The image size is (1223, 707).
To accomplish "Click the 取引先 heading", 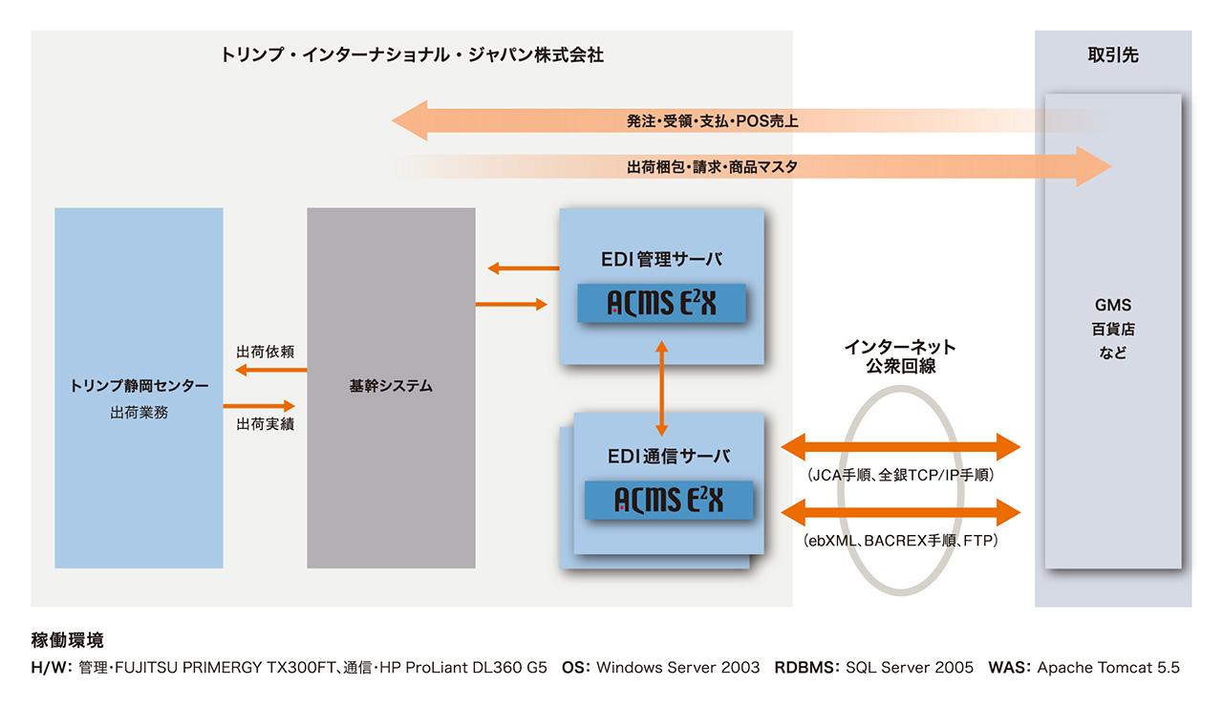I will click(x=1113, y=55).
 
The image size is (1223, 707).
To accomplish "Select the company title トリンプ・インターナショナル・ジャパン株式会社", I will click(x=412, y=55).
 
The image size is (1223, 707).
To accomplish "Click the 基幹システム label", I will click(x=391, y=387).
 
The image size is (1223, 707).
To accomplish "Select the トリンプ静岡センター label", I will click(x=139, y=386).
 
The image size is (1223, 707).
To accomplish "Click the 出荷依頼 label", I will click(x=265, y=353).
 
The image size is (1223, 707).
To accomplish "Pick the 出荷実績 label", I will click(x=265, y=423).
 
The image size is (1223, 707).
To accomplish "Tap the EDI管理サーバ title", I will click(x=661, y=259).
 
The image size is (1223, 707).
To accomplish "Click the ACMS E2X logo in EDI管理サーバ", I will click(x=661, y=303).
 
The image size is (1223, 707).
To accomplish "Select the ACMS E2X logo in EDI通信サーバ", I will click(x=668, y=500).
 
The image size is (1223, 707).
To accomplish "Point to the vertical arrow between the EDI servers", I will click(x=661, y=387).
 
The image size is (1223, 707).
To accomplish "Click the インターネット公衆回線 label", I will click(x=899, y=356).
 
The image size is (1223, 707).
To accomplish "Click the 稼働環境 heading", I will click(x=67, y=640).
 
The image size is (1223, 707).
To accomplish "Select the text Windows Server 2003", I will click(x=677, y=668).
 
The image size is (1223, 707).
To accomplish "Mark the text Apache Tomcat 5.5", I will click(x=1107, y=668).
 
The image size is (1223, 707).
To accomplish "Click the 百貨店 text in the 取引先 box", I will click(x=1113, y=330).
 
